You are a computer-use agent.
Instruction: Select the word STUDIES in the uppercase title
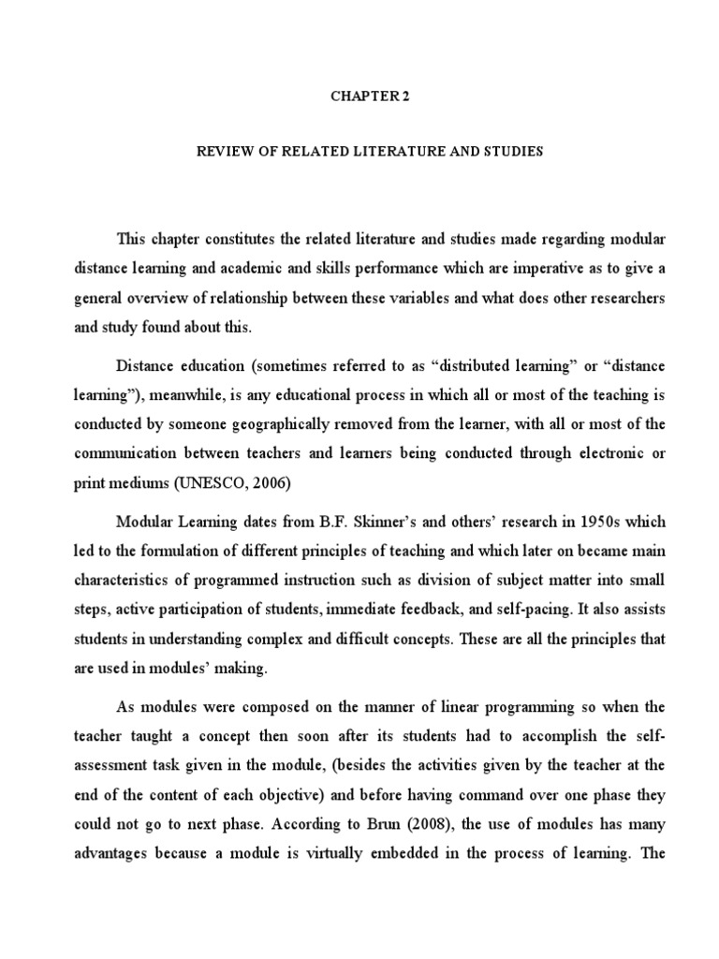pyautogui.click(x=510, y=151)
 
